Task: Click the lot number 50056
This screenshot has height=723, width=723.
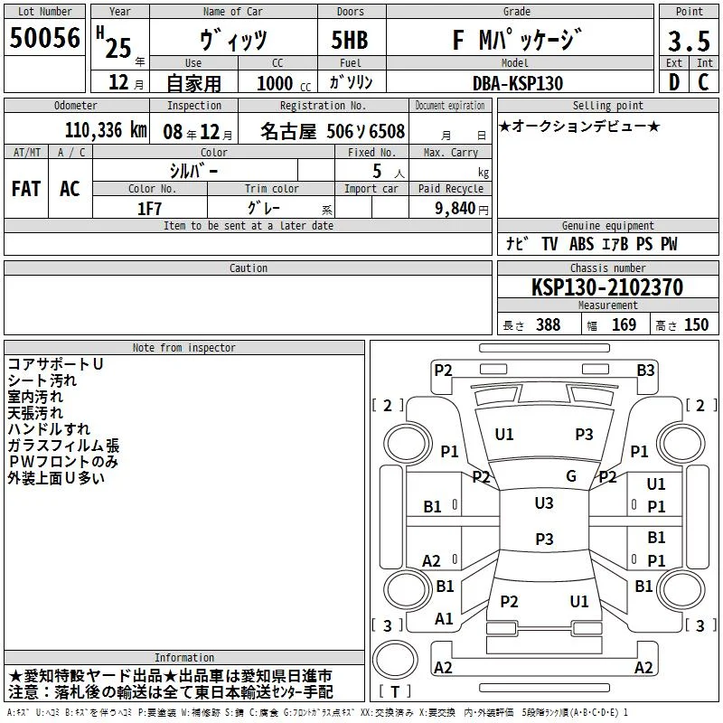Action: [x=44, y=38]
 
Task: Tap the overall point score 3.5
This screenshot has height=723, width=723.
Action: [x=689, y=42]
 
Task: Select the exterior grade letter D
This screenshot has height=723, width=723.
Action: [x=673, y=82]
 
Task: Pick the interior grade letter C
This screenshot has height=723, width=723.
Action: [x=703, y=82]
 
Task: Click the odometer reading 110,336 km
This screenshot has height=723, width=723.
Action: [x=106, y=130]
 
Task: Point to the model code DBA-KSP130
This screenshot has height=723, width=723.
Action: [x=518, y=83]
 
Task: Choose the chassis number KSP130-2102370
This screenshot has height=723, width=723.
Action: [x=607, y=287]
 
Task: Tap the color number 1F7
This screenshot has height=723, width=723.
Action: [x=149, y=209]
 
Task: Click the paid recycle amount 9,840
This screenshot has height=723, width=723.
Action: [x=455, y=209]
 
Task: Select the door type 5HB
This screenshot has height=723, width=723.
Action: [x=350, y=40]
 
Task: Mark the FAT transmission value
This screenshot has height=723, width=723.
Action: [x=26, y=189]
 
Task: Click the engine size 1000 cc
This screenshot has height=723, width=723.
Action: [x=284, y=84]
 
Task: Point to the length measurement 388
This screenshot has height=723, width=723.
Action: [x=549, y=324]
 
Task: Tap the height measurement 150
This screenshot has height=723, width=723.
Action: [x=696, y=324]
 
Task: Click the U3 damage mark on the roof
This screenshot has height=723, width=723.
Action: [x=544, y=503]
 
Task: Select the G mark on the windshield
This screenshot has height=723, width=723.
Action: [x=571, y=476]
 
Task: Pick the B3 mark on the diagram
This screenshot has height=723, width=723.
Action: [x=645, y=371]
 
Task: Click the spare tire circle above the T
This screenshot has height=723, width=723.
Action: [x=395, y=660]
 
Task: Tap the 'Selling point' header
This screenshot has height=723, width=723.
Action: [x=607, y=106]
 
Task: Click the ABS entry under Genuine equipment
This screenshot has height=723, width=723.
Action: [x=581, y=244]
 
